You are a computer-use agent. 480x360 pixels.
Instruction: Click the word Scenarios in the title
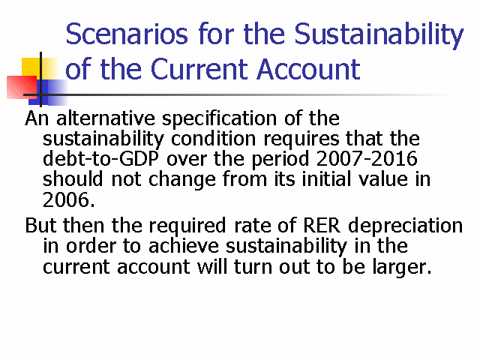(x=127, y=34)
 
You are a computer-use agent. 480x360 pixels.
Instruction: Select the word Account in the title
(x=308, y=69)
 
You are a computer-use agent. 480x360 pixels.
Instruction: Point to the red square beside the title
(x=22, y=87)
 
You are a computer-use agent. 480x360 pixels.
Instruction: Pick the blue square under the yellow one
(x=48, y=92)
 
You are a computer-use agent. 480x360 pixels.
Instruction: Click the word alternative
(x=106, y=118)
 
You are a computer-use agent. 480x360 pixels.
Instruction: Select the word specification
(x=219, y=119)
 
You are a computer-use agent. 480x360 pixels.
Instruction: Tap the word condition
(x=213, y=139)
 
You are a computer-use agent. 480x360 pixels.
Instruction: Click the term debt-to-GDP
(x=101, y=158)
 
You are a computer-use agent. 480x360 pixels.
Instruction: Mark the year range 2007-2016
(x=367, y=158)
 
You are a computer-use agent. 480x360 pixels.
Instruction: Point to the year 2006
(x=69, y=200)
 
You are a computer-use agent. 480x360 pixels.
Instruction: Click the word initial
(x=326, y=179)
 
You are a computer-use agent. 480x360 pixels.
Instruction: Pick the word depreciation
(x=405, y=226)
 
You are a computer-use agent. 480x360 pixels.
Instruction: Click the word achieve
(x=184, y=246)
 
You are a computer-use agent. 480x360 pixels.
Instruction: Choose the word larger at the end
(x=402, y=267)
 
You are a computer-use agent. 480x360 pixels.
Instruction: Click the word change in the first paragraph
(x=181, y=180)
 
